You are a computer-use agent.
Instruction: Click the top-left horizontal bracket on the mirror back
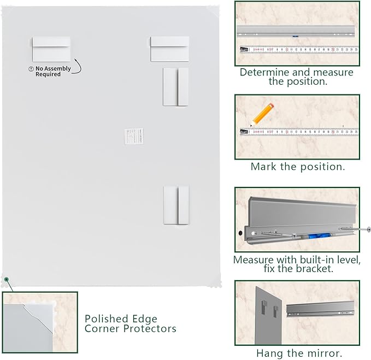(x=51, y=49)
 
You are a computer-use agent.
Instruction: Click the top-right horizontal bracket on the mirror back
(x=169, y=49)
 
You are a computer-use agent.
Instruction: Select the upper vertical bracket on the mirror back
(x=175, y=87)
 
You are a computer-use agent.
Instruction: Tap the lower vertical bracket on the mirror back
(x=175, y=204)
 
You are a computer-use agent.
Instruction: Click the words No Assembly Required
(x=53, y=71)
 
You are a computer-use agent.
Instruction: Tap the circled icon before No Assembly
(x=31, y=69)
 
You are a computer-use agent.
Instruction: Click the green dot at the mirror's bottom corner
(x=7, y=279)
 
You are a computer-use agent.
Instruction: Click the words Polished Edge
(x=121, y=319)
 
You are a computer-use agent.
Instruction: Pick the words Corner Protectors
(x=130, y=329)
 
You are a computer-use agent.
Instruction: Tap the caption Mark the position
(x=298, y=167)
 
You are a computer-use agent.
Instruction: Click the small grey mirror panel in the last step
(x=267, y=314)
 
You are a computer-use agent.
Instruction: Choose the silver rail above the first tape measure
(x=297, y=32)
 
